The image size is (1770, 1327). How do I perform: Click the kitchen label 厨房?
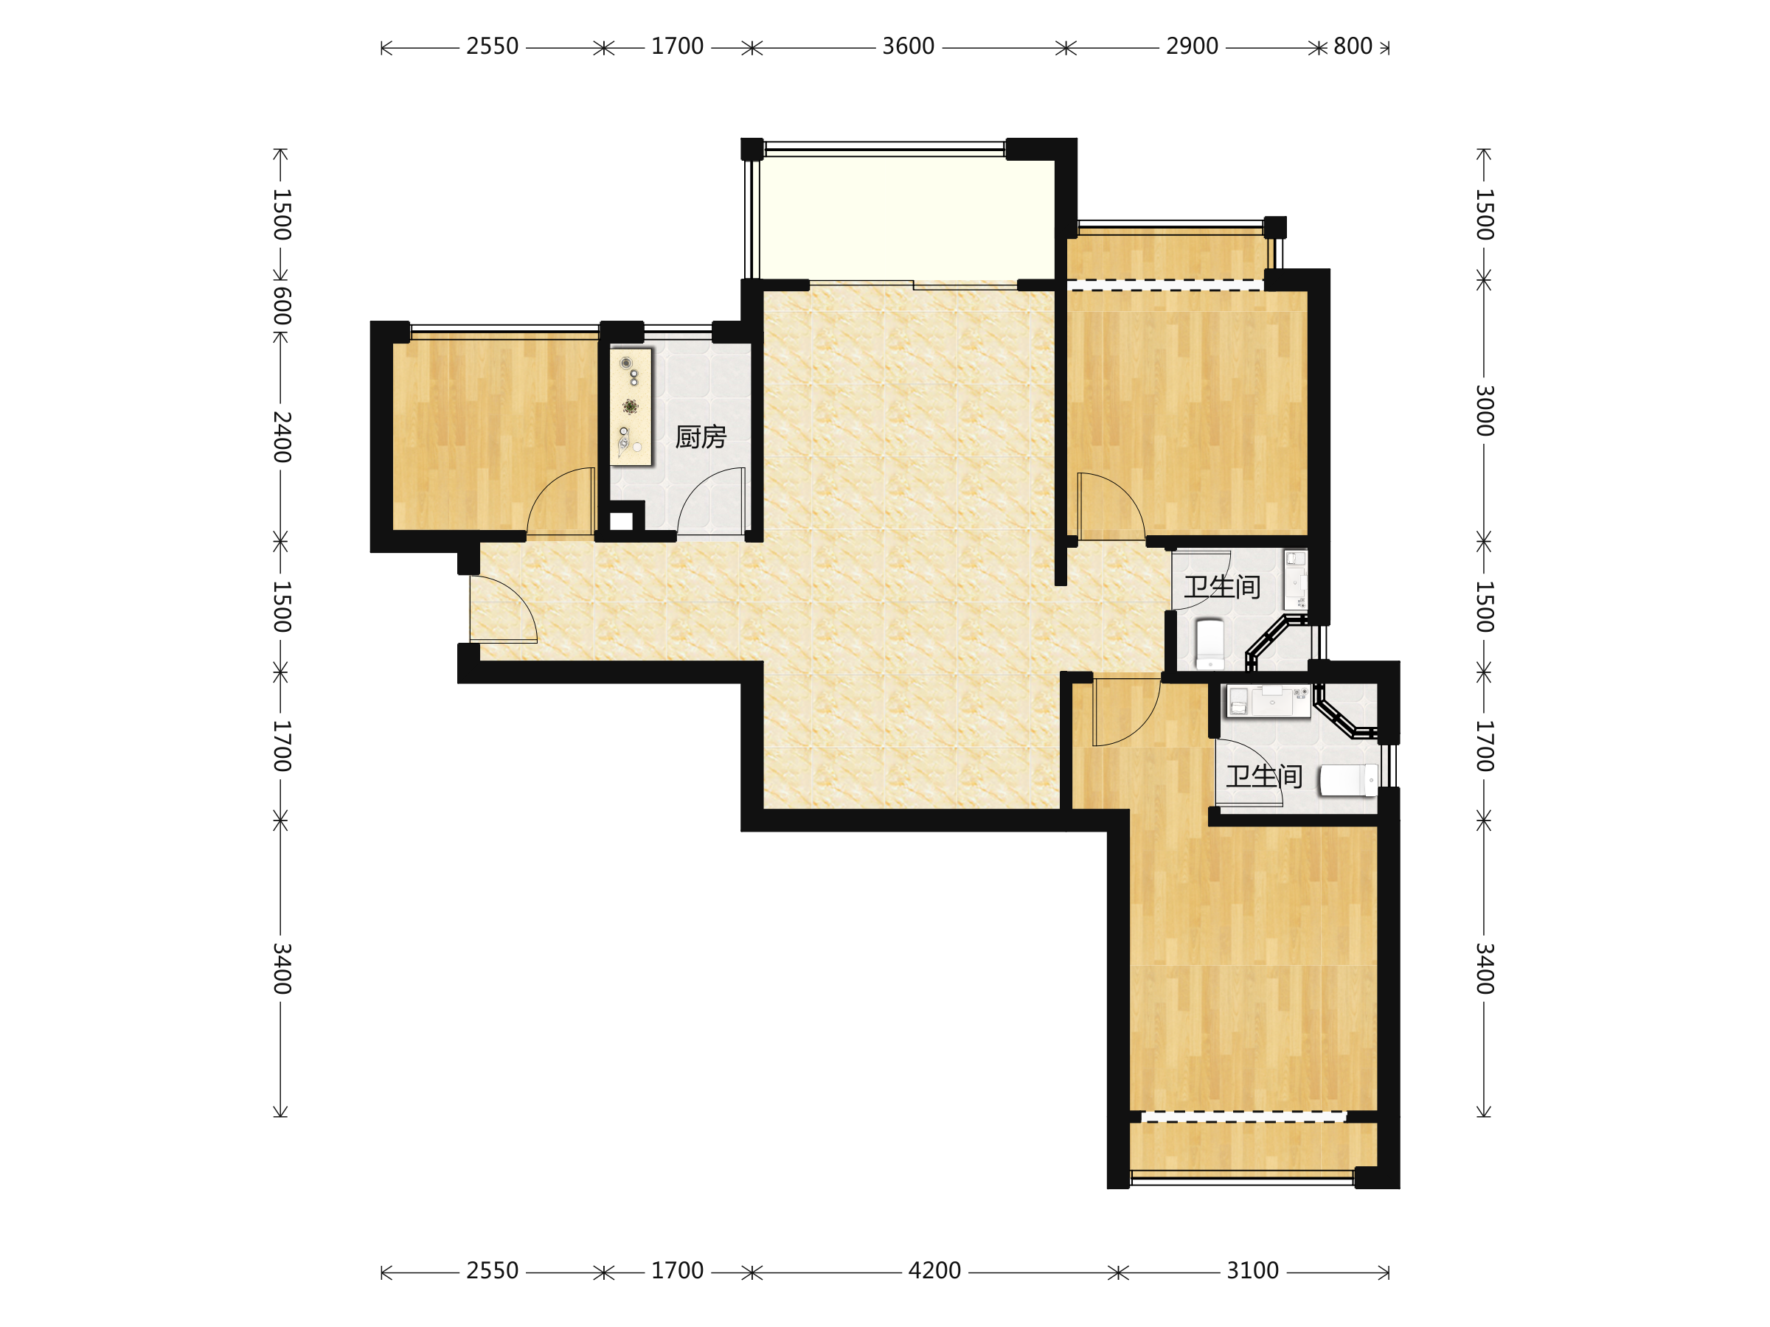pyautogui.click(x=700, y=436)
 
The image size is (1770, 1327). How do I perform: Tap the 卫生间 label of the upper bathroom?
pyautogui.click(x=1222, y=587)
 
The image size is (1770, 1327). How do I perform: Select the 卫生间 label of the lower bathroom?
pyautogui.click(x=1263, y=776)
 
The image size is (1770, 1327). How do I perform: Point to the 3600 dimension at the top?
pyautogui.click(x=908, y=46)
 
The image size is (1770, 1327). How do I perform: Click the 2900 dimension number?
pyautogui.click(x=1192, y=46)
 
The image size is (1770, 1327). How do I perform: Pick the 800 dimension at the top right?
pyautogui.click(x=1353, y=46)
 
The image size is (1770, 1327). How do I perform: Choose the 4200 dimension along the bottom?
pyautogui.click(x=934, y=1270)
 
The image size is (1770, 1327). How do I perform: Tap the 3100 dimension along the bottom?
pyautogui.click(x=1252, y=1270)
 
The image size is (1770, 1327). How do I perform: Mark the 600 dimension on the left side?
pyautogui.click(x=281, y=307)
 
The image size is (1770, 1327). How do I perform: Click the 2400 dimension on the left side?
pyautogui.click(x=281, y=436)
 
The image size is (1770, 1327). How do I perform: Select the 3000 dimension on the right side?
pyautogui.click(x=1485, y=411)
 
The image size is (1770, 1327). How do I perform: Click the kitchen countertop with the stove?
pyautogui.click(x=631, y=406)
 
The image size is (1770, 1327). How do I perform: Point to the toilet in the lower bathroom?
pyautogui.click(x=1348, y=780)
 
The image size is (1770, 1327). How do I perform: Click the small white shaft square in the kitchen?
pyautogui.click(x=621, y=521)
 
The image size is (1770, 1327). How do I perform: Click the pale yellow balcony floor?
pyautogui.click(x=906, y=217)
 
